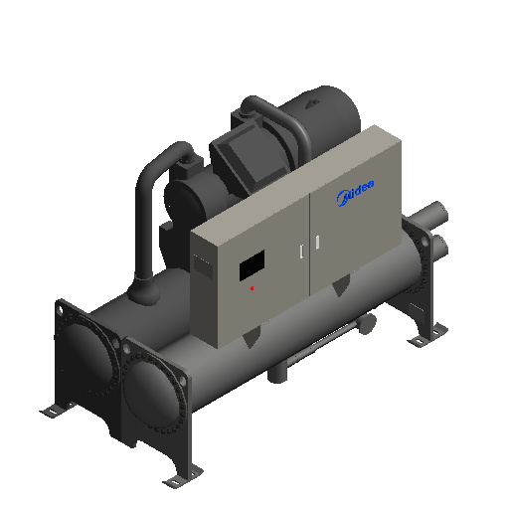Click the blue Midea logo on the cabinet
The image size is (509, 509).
pyautogui.click(x=356, y=193)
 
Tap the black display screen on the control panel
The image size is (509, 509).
pyautogui.click(x=252, y=265)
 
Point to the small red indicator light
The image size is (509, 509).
pyautogui.click(x=253, y=288)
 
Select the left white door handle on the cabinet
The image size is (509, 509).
pyautogui.click(x=301, y=252)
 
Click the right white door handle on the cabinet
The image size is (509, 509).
pyautogui.click(x=317, y=243)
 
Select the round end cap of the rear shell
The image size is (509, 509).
pyautogui.click(x=86, y=356)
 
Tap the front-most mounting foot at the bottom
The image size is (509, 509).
pyautogui.click(x=182, y=476)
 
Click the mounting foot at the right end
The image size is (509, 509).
pyautogui.click(x=427, y=335)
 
